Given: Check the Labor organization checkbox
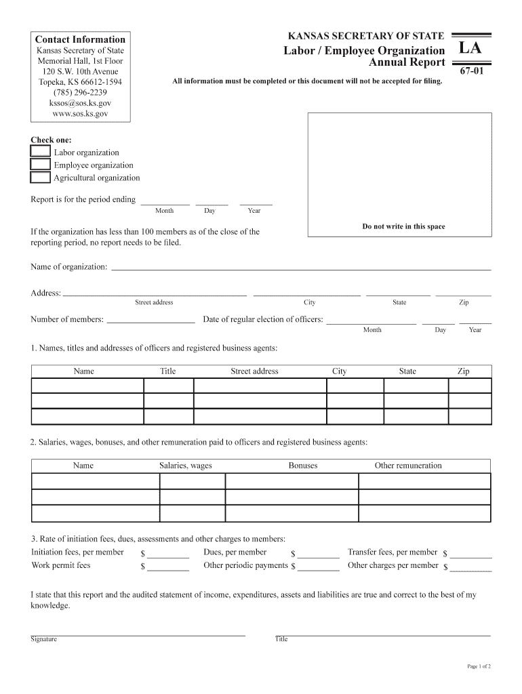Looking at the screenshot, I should [40, 152].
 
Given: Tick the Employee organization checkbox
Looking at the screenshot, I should [40, 165].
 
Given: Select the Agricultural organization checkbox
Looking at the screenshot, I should [40, 178].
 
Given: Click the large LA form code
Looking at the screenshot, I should [470, 49].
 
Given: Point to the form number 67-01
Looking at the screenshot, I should [471, 70].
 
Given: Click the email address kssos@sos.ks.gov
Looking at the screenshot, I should [80, 103].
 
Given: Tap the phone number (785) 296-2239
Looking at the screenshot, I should [80, 93].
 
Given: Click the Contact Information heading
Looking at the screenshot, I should [80, 39].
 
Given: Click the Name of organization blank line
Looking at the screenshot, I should [300, 266].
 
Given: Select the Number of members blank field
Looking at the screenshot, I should [150, 319].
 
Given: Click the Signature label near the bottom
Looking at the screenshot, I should [43, 639].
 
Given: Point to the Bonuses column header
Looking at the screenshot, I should [302, 466].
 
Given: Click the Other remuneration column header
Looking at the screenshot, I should [407, 466].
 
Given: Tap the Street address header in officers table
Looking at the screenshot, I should [254, 371].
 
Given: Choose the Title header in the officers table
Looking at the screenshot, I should [167, 371].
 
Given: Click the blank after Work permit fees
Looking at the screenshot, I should [167, 566].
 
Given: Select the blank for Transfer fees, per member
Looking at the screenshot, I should [470, 553].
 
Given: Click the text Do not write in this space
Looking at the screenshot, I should [403, 226].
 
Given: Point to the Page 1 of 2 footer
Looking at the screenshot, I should [479, 667].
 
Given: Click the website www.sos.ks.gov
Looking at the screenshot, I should [80, 114].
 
